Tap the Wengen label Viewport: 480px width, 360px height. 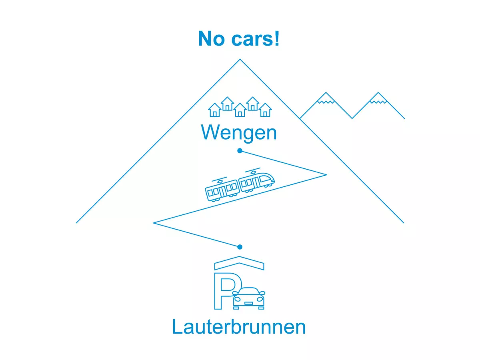[239, 132]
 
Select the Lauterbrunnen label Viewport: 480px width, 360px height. [239, 327]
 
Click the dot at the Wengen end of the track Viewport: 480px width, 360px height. [240, 151]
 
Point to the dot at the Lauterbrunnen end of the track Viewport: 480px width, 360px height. [240, 247]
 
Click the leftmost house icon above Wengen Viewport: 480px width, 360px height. [215, 110]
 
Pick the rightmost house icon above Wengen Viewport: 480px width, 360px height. [265, 110]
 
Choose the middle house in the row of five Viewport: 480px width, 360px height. [240, 110]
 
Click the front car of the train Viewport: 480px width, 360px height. [257, 182]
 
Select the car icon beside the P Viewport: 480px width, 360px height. [249, 298]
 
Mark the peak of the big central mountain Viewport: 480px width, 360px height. [240, 60]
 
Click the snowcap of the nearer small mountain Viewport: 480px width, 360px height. [326, 98]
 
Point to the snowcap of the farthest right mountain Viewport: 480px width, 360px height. [378, 98]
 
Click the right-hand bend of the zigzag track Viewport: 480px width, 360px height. [326, 174]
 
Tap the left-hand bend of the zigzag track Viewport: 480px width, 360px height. [154, 222]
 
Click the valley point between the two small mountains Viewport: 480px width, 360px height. [352, 118]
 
